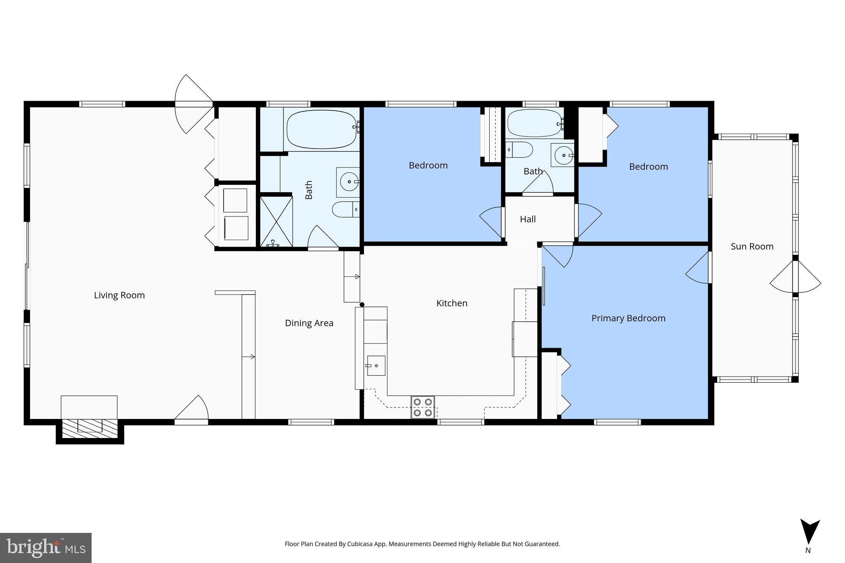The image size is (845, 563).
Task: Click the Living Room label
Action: point(119,295)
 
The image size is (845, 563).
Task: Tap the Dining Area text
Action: point(309,323)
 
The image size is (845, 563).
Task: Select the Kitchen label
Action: point(452,303)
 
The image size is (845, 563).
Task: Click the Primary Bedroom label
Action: point(628,318)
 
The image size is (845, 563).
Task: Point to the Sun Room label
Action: point(752,246)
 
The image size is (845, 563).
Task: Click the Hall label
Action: point(528,219)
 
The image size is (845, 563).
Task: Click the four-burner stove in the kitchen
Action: point(422,407)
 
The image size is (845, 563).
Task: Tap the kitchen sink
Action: point(376,365)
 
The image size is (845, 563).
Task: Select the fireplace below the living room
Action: point(90,429)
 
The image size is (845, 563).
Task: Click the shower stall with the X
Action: point(276,222)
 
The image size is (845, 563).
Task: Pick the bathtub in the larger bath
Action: point(321,129)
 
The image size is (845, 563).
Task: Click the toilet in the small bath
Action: point(519,150)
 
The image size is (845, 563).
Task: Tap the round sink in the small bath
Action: point(563,155)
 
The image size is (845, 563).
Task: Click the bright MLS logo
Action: point(46,548)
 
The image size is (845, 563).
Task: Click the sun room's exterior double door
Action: point(795,283)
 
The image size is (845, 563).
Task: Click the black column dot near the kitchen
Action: point(362,305)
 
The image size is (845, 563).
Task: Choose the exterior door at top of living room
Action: point(194,104)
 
